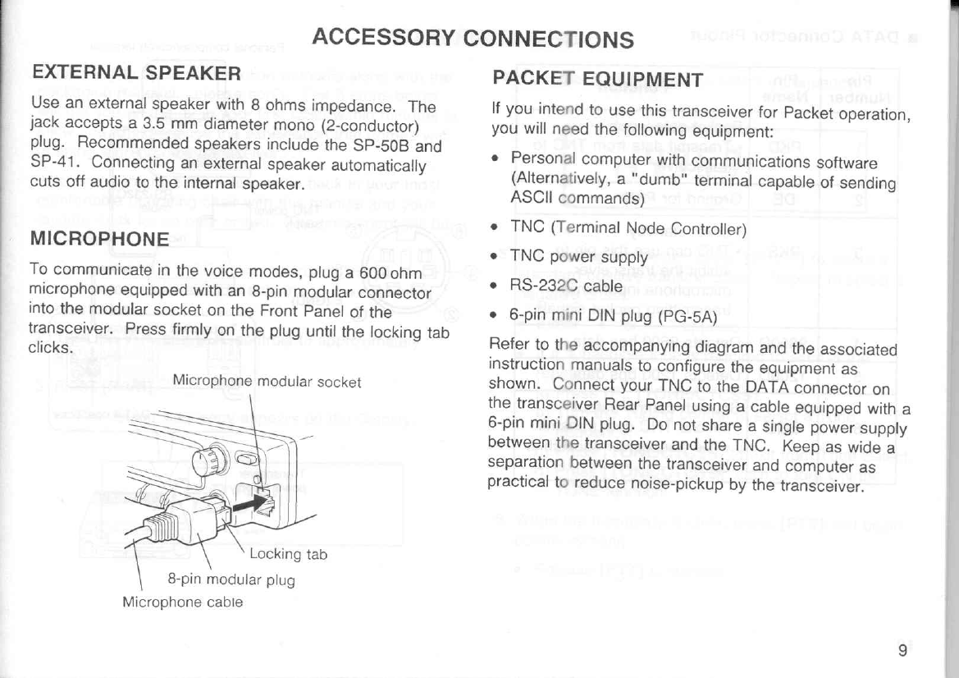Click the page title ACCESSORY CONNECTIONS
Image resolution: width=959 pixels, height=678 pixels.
[473, 38]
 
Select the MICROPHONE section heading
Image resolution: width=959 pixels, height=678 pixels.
[99, 239]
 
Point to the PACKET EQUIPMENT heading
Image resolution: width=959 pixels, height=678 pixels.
[597, 80]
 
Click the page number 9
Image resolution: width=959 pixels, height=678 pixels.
[902, 651]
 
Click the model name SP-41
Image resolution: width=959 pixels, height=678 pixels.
[48, 165]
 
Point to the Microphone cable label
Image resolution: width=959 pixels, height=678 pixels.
[182, 601]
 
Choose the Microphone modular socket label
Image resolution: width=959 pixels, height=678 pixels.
[267, 383]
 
